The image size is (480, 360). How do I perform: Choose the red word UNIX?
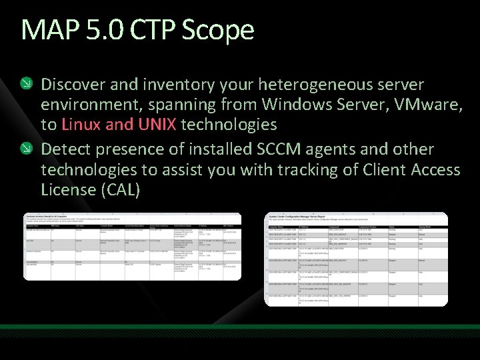pyautogui.click(x=157, y=125)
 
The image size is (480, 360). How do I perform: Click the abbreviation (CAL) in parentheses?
pyautogui.click(x=121, y=189)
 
